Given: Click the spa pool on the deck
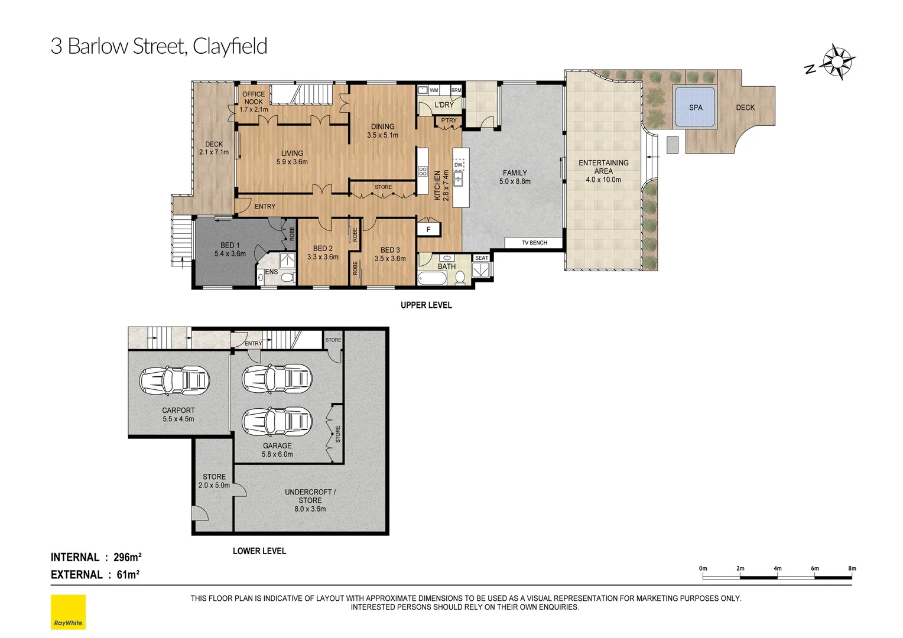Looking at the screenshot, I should click(695, 107).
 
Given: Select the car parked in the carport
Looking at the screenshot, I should click(174, 380).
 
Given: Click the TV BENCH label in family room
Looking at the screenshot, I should click(534, 243).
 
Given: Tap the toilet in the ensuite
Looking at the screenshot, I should click(287, 277).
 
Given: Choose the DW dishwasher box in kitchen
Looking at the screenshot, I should click(459, 165).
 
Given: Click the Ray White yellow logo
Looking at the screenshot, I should click(68, 611).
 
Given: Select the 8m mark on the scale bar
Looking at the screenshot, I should click(852, 569).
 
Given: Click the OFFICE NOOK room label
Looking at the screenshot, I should click(254, 98).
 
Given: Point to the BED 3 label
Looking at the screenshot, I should click(390, 250).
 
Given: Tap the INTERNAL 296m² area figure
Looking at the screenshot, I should click(127, 557).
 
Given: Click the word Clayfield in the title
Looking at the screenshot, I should click(230, 46).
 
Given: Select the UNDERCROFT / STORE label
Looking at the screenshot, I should click(310, 496).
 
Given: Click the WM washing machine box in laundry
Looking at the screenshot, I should click(434, 90).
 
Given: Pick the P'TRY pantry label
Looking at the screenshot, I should click(449, 121).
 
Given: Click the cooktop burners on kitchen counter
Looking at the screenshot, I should click(423, 171).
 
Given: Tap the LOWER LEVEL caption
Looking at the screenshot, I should click(259, 551).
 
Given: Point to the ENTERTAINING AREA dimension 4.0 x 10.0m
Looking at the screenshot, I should click(603, 180).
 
